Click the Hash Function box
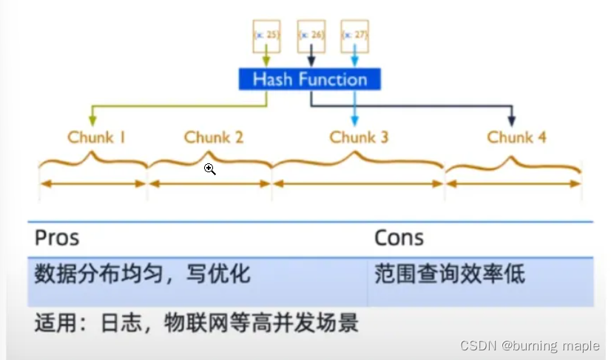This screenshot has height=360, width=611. tap(309, 79)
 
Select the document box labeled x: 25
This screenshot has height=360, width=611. tap(266, 35)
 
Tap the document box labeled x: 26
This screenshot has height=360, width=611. tap(311, 35)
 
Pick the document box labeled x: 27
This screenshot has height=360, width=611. tap(354, 35)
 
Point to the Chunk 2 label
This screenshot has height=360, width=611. tap(213, 137)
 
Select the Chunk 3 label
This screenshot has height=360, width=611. tap(359, 137)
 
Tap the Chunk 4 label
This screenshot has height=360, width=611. tap(516, 137)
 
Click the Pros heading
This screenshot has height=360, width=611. tap(57, 237)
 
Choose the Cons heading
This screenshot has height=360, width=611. tap(399, 237)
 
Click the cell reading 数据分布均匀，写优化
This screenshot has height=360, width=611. tap(142, 274)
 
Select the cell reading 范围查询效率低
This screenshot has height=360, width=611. tap(450, 274)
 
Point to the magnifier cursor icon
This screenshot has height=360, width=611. tap(210, 169)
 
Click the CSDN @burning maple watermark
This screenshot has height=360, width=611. tap(532, 346)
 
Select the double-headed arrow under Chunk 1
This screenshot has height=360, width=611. tap(93, 183)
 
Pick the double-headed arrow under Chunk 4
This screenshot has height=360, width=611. tap(513, 183)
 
